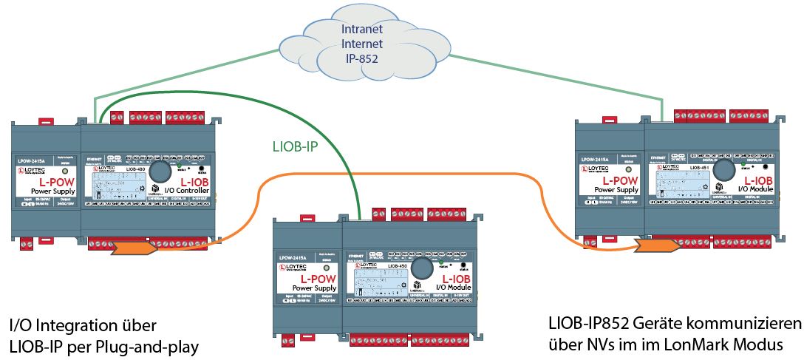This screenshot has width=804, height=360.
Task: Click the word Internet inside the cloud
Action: point(361,45)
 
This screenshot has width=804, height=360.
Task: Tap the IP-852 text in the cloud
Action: point(361,58)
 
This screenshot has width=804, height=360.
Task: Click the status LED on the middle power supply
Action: point(327,268)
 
